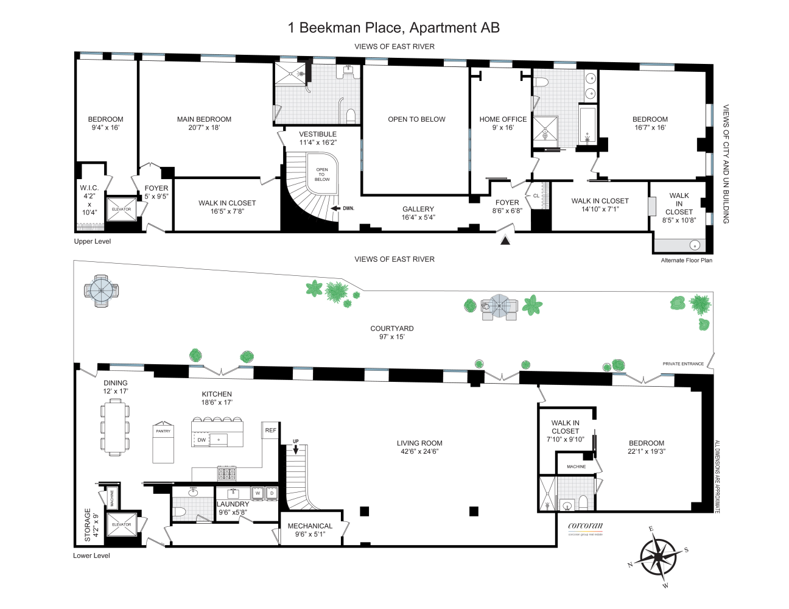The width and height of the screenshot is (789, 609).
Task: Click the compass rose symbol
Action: [658, 557]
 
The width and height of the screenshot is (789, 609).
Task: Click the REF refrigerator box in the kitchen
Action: [270, 430]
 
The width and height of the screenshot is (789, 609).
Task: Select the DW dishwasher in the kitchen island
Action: [202, 440]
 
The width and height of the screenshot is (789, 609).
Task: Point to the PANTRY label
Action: [163, 431]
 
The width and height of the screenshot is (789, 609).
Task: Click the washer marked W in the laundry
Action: [258, 493]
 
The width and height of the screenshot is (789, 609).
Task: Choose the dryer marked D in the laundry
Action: [272, 493]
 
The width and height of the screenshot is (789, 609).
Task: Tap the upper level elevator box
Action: [121, 209]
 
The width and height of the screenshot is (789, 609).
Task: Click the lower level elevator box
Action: [121, 524]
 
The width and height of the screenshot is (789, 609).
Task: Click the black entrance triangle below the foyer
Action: [505, 241]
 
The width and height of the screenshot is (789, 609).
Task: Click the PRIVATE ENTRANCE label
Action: [683, 364]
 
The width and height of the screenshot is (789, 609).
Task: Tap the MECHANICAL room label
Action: [310, 526]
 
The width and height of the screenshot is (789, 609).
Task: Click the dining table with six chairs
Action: [115, 427]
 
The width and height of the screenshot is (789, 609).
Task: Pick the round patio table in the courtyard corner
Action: [101, 290]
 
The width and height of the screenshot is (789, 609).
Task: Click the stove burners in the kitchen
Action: [226, 474]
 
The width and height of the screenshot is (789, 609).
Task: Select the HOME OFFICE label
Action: [503, 119]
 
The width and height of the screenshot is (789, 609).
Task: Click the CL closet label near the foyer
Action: [536, 195]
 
